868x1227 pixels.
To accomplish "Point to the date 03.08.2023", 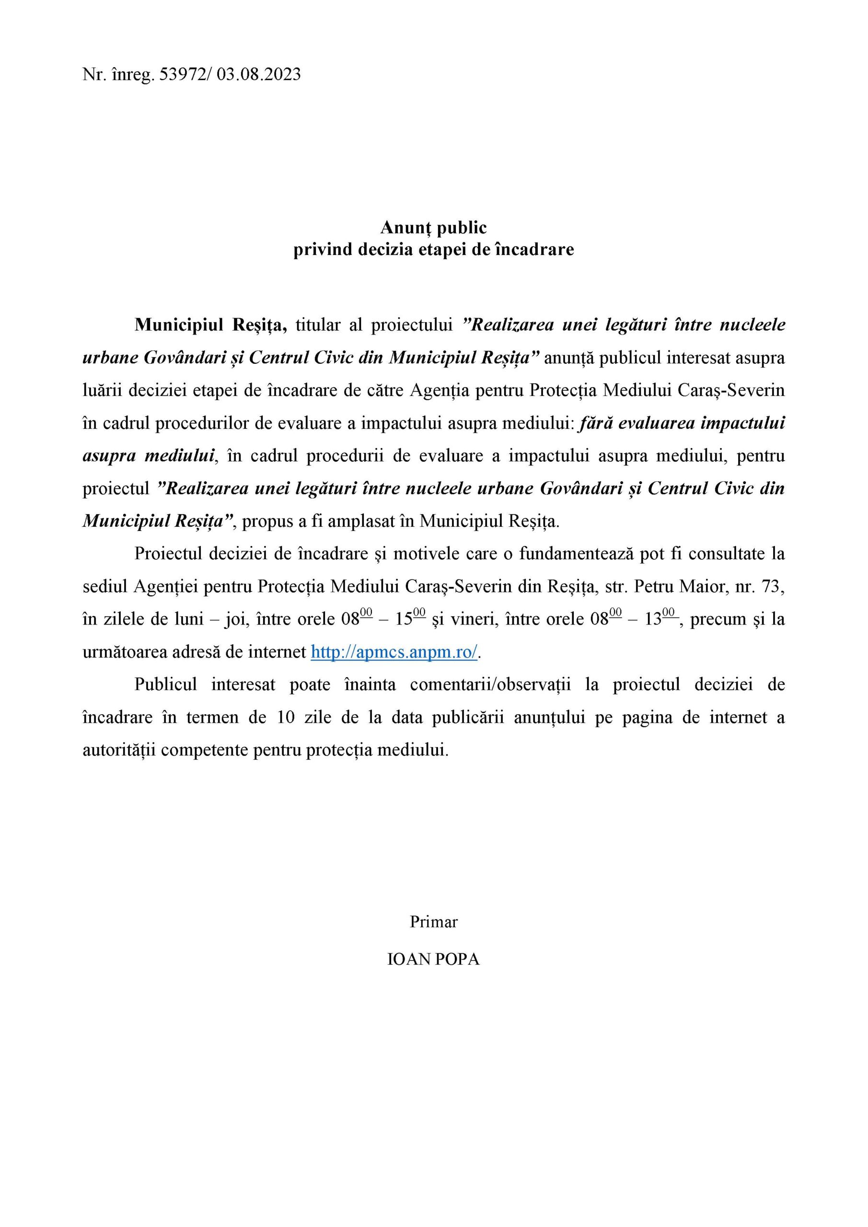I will click(x=259, y=74).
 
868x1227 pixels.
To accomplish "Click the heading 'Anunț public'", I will click(x=433, y=228).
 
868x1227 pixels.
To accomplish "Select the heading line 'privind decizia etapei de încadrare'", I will click(x=433, y=250).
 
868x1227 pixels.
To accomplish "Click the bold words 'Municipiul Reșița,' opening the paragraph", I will click(x=211, y=325).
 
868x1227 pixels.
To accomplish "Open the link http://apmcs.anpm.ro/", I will click(x=394, y=652).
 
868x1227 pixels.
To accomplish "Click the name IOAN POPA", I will click(x=433, y=959).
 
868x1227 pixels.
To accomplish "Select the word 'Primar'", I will click(x=433, y=922).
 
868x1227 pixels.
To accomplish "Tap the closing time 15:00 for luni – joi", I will click(x=410, y=619).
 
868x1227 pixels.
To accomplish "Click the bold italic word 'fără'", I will click(x=594, y=423).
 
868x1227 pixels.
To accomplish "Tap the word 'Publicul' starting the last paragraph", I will click(x=166, y=684).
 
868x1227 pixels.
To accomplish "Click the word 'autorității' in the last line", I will click(x=119, y=750).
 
